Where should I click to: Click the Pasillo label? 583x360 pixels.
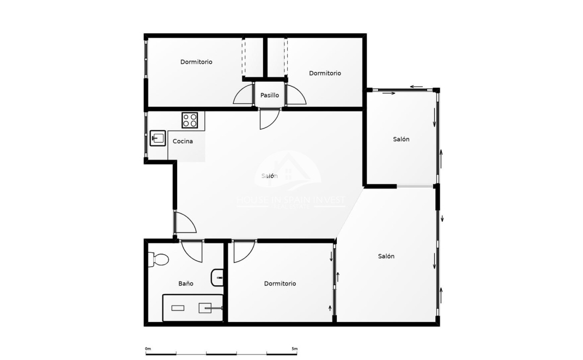click(269, 95)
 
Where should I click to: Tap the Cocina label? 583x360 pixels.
click(183, 142)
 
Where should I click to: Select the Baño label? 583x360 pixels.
click(185, 284)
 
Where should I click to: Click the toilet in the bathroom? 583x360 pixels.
click(159, 259)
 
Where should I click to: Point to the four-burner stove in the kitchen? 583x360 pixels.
click(190, 120)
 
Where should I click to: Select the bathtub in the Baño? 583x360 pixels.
click(193, 308)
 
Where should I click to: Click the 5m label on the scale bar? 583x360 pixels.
click(294, 349)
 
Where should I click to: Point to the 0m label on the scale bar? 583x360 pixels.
click(148, 349)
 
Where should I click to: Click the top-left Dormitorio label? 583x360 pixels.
click(196, 62)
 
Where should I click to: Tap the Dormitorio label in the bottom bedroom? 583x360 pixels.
click(280, 284)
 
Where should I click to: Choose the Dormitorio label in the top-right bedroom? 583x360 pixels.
click(325, 73)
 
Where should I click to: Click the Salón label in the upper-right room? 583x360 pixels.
click(401, 139)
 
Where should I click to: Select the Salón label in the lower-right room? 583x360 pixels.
click(386, 257)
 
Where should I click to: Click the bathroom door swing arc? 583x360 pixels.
click(192, 251)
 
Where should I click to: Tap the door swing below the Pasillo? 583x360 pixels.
click(269, 119)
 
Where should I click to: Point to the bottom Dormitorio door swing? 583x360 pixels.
click(244, 252)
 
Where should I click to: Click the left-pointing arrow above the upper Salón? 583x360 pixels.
click(417, 87)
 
